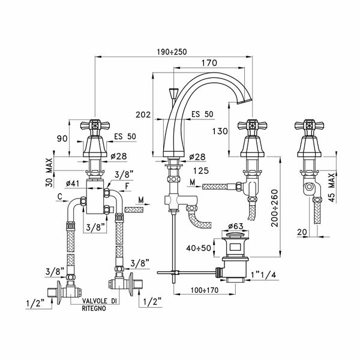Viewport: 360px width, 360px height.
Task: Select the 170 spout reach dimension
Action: pos(209,62)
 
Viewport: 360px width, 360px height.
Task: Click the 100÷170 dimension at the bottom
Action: pos(201,291)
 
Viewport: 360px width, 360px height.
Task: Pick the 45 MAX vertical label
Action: pos(332,186)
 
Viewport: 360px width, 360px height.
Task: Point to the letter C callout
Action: pos(61,196)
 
